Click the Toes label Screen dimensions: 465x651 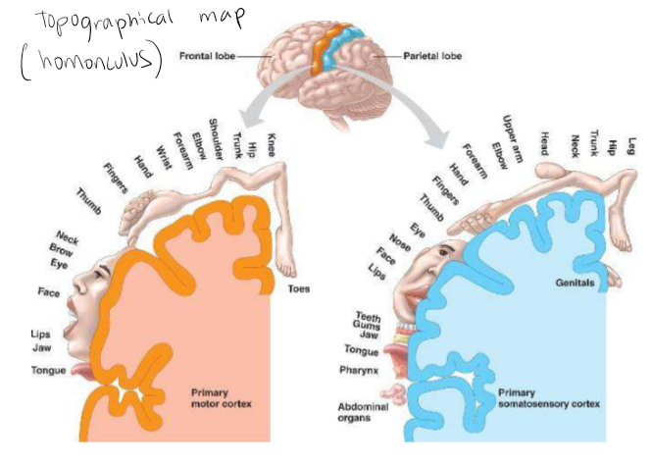298,288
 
